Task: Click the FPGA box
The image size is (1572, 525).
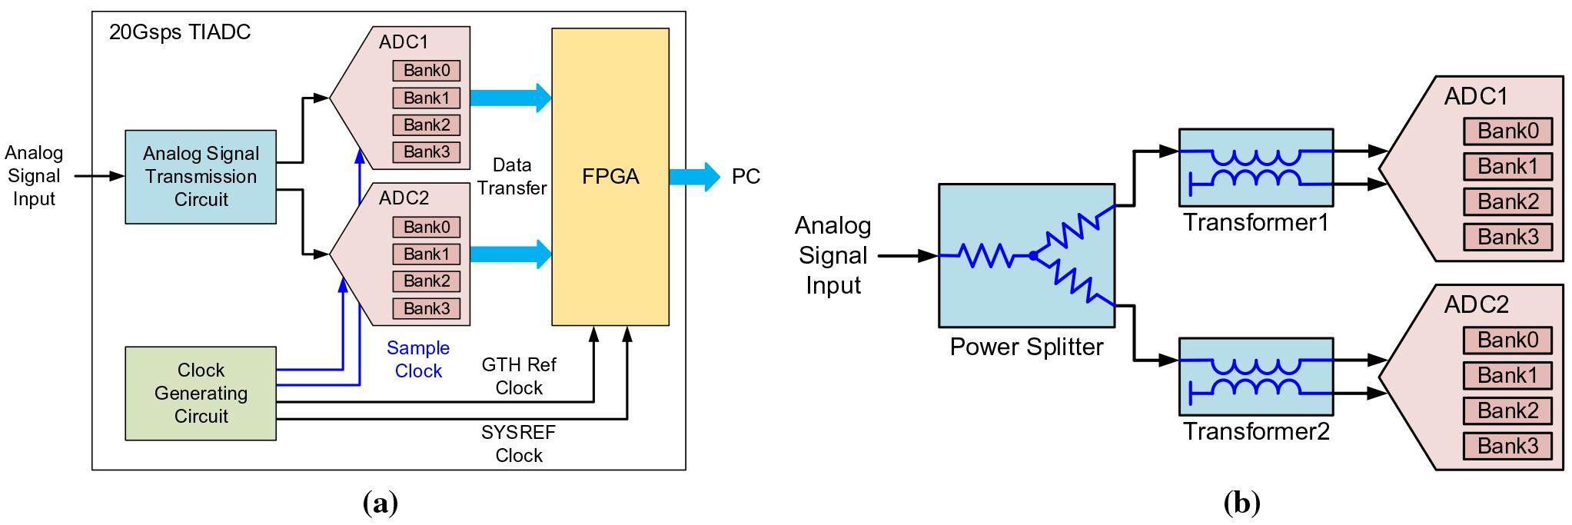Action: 610,177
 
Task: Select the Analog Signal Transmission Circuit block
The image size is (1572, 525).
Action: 201,177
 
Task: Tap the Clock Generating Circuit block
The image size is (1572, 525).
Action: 201,393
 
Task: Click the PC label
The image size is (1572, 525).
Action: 746,177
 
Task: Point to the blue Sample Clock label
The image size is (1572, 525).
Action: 418,360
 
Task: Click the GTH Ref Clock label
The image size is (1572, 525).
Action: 519,376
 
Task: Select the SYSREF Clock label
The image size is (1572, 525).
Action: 519,444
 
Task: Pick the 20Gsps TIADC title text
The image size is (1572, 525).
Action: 180,32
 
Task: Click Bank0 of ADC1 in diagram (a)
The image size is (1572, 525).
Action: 427,71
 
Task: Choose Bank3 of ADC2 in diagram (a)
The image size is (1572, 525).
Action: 427,308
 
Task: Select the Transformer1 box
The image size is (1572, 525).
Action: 1255,168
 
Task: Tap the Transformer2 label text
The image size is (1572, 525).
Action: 1256,431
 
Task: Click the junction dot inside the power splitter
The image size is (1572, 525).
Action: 1033,256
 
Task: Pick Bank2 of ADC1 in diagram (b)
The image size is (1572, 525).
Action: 1507,202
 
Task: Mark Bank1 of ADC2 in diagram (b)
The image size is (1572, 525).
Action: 1507,376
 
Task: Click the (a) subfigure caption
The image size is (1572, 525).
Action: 380,503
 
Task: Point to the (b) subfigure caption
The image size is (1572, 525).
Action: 1241,503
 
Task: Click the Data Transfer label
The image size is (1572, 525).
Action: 512,176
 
